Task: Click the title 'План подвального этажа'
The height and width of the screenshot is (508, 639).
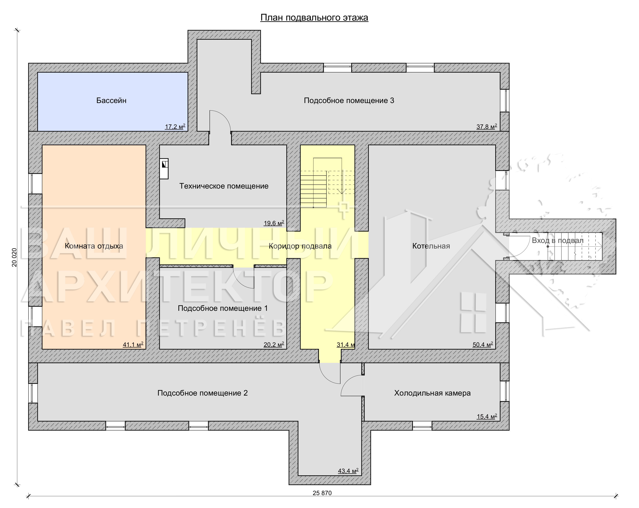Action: tap(314, 18)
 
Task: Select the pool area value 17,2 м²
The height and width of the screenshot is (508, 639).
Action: tap(175, 126)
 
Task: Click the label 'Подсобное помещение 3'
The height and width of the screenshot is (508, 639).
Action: tap(349, 101)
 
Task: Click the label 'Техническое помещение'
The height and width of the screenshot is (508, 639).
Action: tap(224, 186)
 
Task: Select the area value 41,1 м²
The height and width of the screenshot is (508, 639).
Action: tap(133, 344)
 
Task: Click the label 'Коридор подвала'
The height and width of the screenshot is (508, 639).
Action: tap(300, 246)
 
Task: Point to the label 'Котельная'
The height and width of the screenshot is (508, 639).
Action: tap(431, 246)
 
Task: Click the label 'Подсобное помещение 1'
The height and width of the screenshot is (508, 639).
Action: tap(223, 308)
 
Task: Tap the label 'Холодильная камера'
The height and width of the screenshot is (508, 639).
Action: tap(432, 393)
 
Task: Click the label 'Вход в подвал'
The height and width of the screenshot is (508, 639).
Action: tap(557, 240)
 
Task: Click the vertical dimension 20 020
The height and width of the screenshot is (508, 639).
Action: tap(14, 257)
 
